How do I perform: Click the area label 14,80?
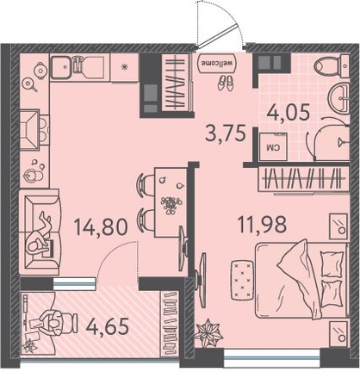click(x=100, y=226)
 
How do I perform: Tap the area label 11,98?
click(x=262, y=224)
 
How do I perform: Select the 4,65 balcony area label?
click(x=108, y=326)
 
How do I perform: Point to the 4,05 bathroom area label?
click(x=289, y=112)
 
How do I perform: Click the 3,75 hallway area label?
click(x=226, y=133)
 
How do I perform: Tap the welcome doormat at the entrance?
click(x=217, y=64)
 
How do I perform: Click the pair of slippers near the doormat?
click(x=225, y=83)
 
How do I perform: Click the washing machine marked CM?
click(x=273, y=146)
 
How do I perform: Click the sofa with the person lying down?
click(x=40, y=232)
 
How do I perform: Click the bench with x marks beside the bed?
click(x=242, y=280)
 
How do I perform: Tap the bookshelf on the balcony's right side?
click(x=170, y=324)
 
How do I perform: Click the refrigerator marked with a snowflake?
click(x=125, y=67)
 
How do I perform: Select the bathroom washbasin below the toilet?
click(x=338, y=98)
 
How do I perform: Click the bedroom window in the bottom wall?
click(x=271, y=357)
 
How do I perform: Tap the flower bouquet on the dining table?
click(x=171, y=204)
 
